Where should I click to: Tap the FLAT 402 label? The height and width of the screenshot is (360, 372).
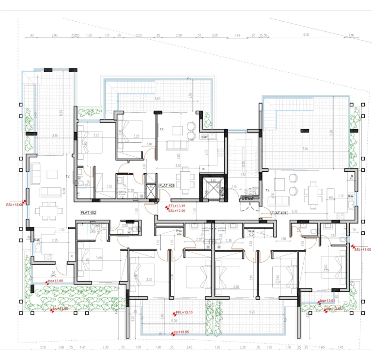pos(89,212)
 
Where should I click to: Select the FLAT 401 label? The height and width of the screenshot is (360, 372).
pos(279,213)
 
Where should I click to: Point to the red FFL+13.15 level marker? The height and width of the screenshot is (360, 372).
pos(177,206)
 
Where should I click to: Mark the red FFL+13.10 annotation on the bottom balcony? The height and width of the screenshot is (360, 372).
pos(184,313)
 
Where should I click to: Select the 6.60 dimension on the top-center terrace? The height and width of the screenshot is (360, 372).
pos(157,99)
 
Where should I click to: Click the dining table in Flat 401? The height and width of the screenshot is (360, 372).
pos(313,193)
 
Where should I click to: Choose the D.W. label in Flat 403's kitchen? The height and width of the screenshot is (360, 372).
pos(205,137)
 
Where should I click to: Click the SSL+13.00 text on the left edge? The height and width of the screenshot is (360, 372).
pos(14,205)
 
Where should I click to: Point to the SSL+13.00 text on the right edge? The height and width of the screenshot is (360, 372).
pos(362,249)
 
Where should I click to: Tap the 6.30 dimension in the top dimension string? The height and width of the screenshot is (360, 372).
pos(305,35)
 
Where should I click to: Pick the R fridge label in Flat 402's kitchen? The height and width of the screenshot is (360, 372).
pos(71,256)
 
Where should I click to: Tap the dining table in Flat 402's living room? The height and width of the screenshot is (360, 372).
pos(49,210)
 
